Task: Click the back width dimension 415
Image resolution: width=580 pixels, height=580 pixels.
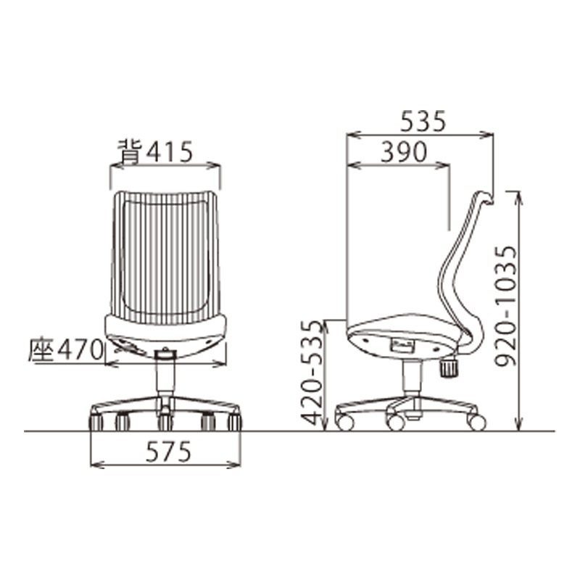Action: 169,152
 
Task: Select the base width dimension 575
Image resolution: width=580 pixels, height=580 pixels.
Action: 167,452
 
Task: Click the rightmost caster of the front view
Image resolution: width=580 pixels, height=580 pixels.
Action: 233,421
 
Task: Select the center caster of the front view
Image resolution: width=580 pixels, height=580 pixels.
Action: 166,421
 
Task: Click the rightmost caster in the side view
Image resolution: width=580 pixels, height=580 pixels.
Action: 476,421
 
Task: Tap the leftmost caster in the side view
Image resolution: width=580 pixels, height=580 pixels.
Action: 345,422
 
